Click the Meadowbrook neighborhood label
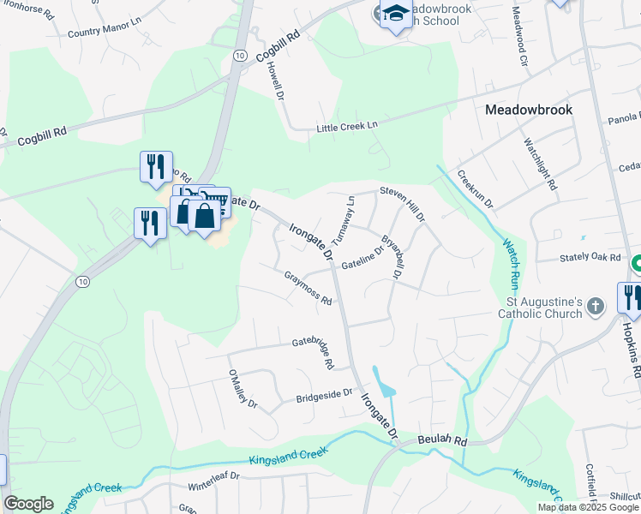click(x=528, y=110)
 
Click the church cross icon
click(x=599, y=305)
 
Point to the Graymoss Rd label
click(x=308, y=288)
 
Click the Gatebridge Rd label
click(x=313, y=352)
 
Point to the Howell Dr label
click(x=275, y=80)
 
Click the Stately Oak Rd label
click(x=590, y=256)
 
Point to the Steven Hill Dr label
click(x=403, y=204)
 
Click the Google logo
click(x=29, y=504)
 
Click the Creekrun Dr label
click(x=475, y=190)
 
